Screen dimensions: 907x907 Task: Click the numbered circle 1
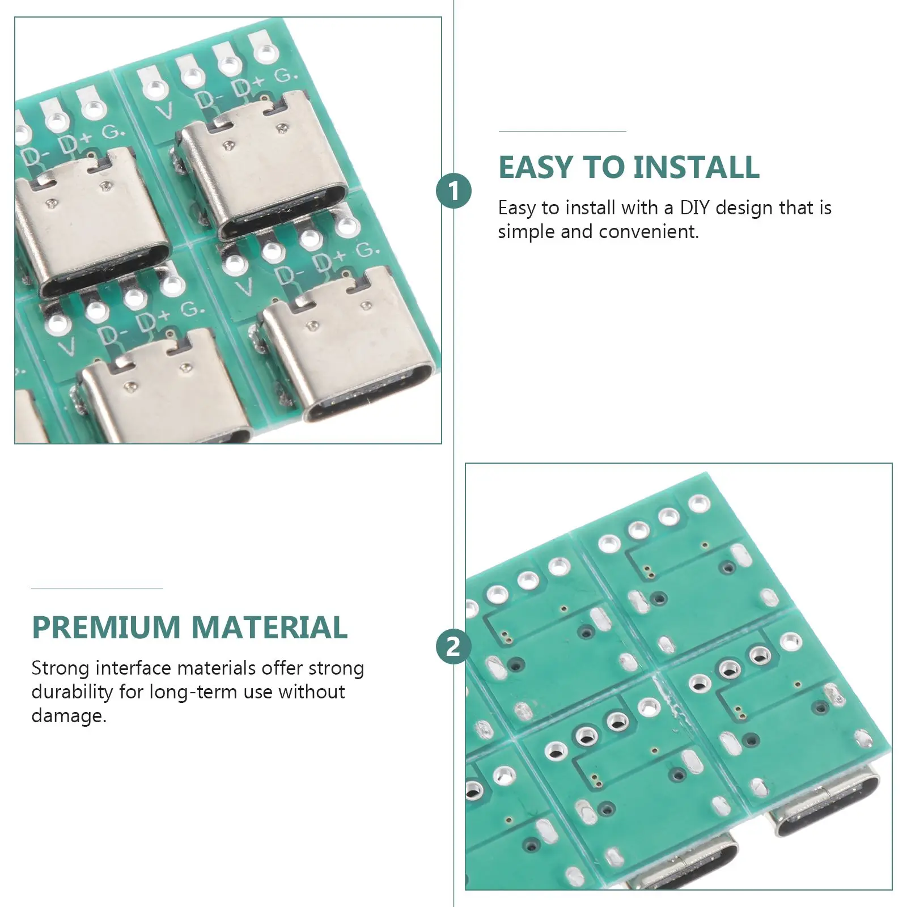click(x=453, y=191)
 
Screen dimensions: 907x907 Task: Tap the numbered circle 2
click(x=453, y=647)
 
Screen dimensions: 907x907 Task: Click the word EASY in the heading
click(x=536, y=167)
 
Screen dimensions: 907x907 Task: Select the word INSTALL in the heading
click(x=696, y=167)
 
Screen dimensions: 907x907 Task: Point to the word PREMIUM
click(x=107, y=628)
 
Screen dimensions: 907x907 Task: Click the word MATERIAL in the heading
click(x=269, y=628)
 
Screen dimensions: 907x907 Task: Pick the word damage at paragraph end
click(x=69, y=717)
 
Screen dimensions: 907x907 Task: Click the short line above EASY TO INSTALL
click(x=562, y=132)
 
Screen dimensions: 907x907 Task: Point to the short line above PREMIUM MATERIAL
click(x=97, y=588)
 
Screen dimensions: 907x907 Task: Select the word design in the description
click(x=744, y=209)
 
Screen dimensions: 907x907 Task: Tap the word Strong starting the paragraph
click(x=61, y=669)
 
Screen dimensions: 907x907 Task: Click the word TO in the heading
click(x=603, y=167)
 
